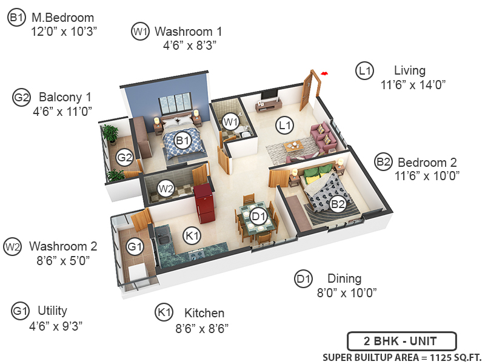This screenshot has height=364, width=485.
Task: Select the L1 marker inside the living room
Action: pyautogui.click(x=284, y=126)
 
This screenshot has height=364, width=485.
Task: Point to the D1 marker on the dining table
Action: pyautogui.click(x=259, y=216)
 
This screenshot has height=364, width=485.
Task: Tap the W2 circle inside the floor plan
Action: pyautogui.click(x=166, y=189)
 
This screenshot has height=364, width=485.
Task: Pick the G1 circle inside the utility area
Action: pyautogui.click(x=134, y=246)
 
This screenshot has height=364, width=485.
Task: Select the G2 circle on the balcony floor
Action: pyautogui.click(x=124, y=158)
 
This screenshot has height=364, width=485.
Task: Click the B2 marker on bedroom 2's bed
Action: pyautogui.click(x=338, y=204)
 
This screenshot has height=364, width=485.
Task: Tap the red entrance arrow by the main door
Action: pyautogui.click(x=325, y=73)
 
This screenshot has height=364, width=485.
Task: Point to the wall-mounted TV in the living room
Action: pyautogui.click(x=270, y=95)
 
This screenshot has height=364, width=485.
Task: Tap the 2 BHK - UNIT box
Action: pyautogui.click(x=401, y=341)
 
